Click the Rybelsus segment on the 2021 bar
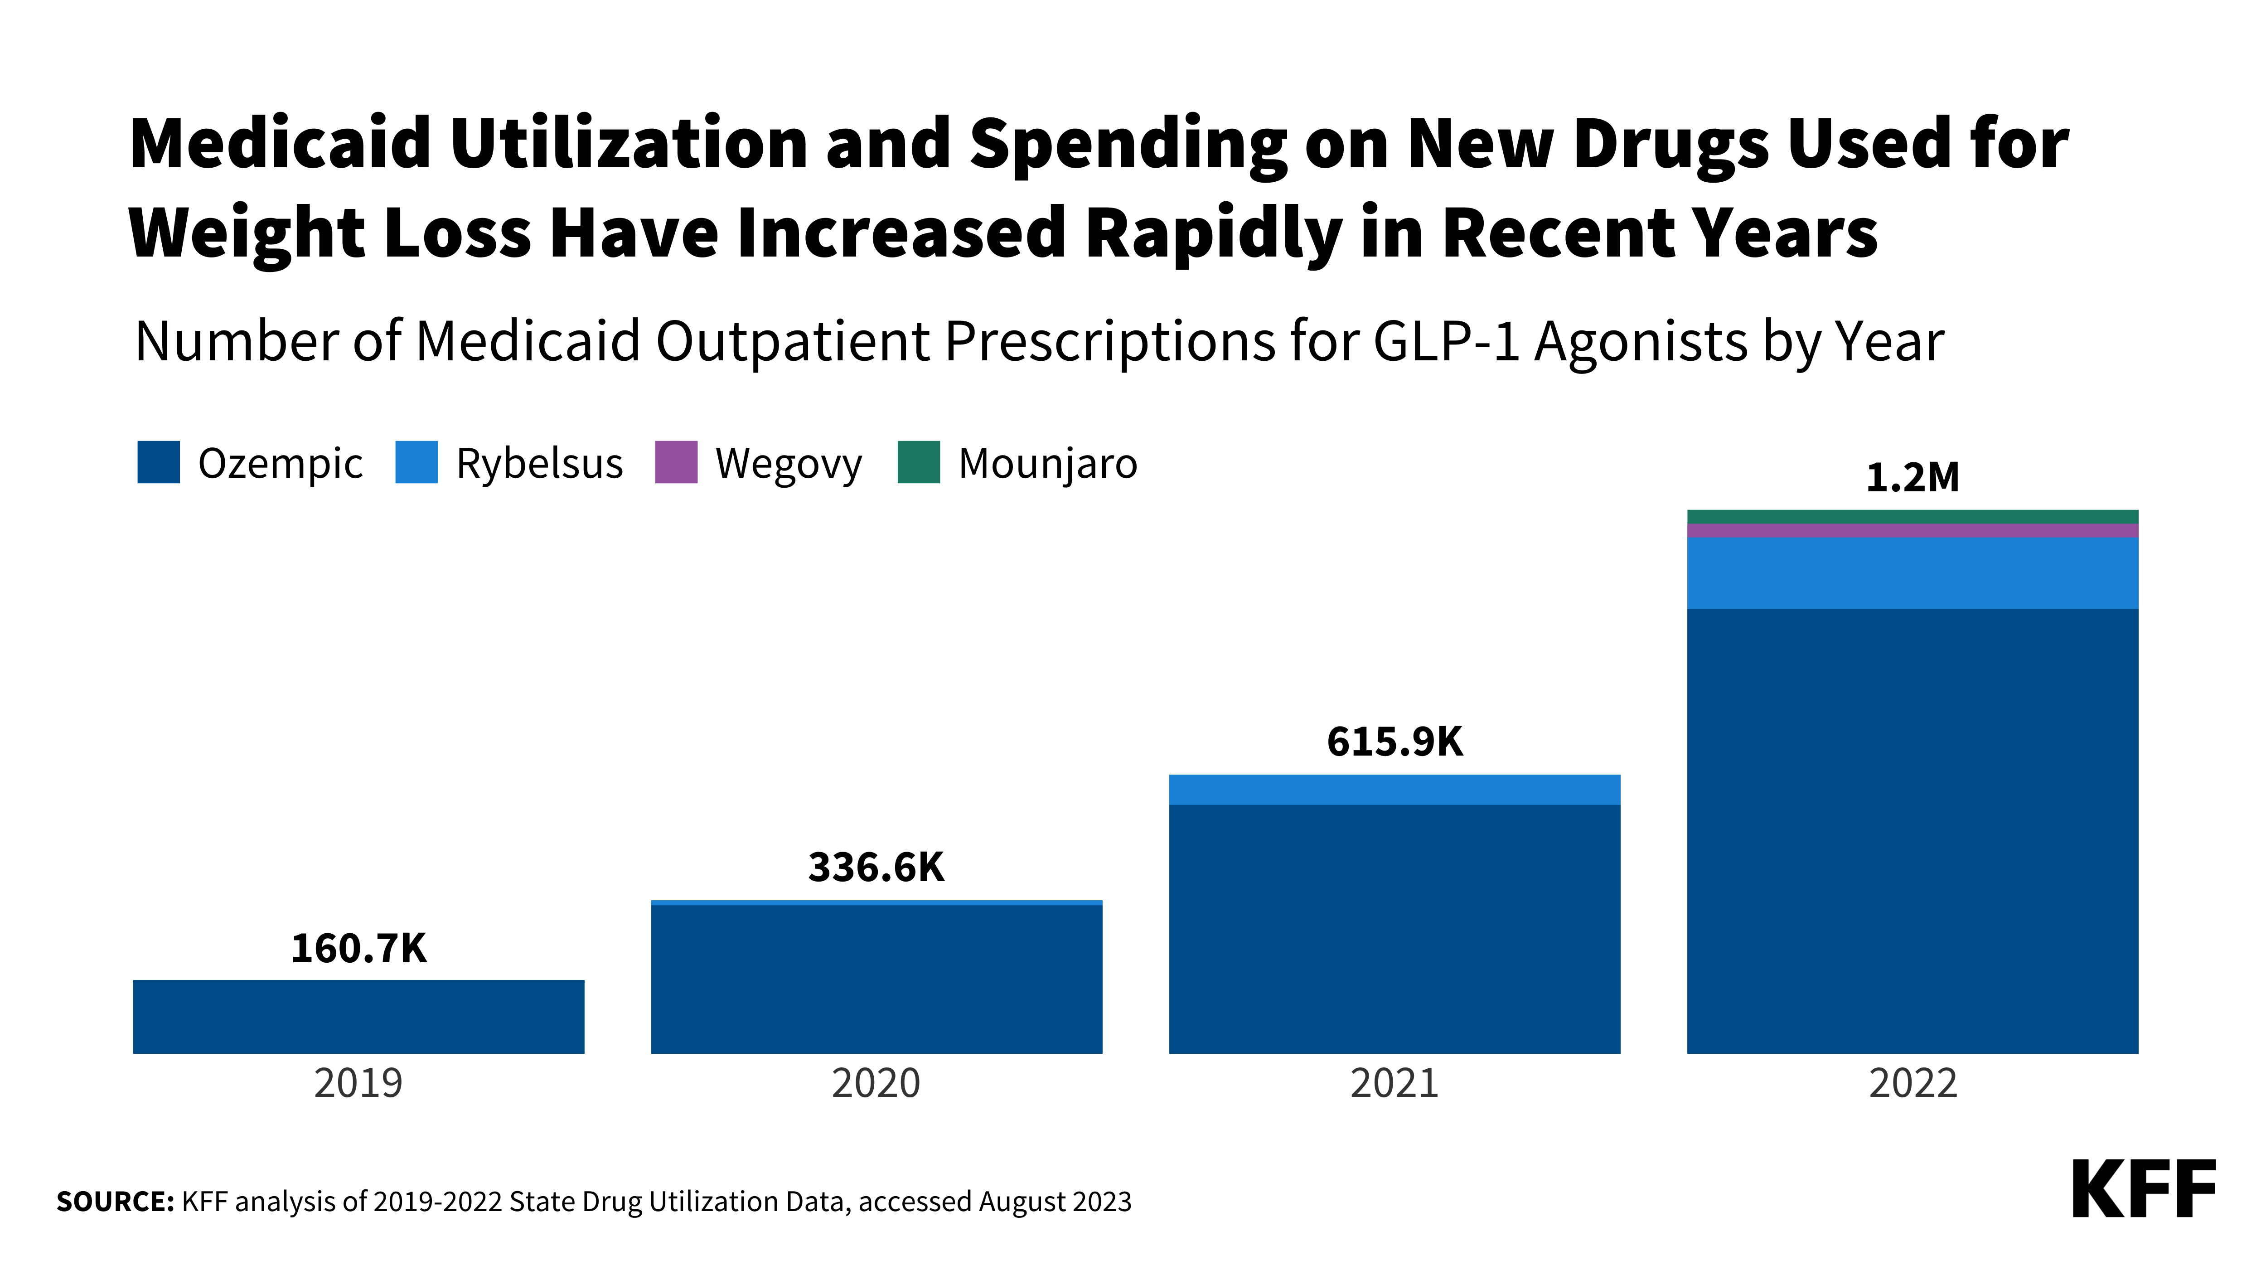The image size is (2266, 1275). coord(1394,789)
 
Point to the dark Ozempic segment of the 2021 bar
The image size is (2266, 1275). coord(1394,928)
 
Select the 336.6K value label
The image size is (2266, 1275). coord(876,868)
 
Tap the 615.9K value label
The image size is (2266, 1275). coord(1394,742)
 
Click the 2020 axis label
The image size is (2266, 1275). coord(876,1083)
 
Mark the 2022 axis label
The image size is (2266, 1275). coord(1913,1083)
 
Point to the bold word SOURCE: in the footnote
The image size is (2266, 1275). coord(115,1202)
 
